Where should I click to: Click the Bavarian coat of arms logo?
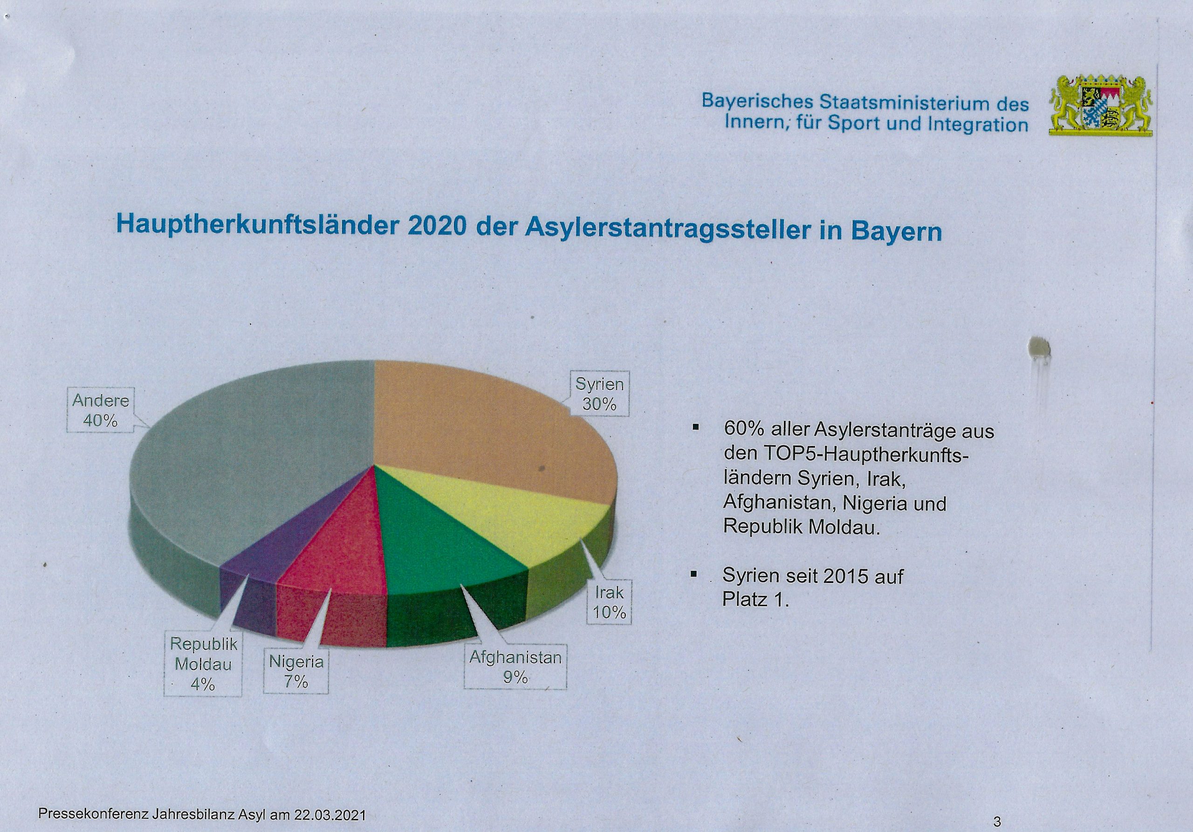1101,105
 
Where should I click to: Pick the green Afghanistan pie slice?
442,546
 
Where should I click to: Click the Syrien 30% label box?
599,394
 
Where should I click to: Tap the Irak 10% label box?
609,602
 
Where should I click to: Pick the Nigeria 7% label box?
295,671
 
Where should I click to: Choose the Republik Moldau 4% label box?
203,664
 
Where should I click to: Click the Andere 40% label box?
100,410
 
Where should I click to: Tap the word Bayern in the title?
896,231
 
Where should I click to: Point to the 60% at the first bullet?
744,430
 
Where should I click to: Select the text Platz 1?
755,600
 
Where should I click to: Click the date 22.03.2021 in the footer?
330,815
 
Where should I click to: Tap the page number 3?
997,822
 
